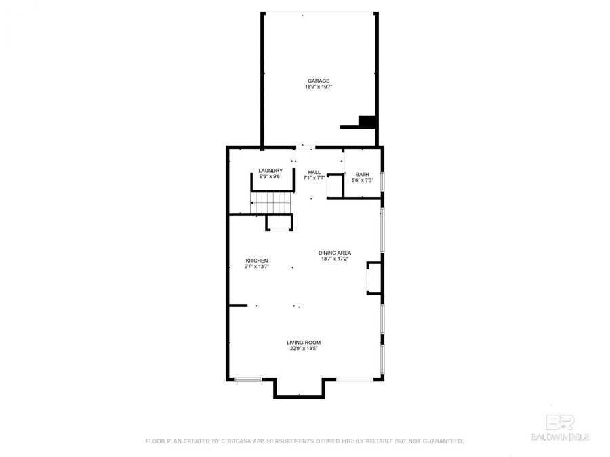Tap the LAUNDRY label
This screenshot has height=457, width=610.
[270, 171]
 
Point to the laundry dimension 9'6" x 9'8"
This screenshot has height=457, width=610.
[270, 177]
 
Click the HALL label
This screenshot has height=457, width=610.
[314, 172]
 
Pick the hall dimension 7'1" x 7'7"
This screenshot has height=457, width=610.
[314, 178]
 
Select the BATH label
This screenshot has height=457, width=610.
[363, 174]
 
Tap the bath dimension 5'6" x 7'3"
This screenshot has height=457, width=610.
[363, 180]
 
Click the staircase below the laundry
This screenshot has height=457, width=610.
[270, 202]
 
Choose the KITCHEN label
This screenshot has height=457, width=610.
[257, 261]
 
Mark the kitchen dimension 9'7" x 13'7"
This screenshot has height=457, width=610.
[257, 267]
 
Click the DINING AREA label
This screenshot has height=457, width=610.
[335, 253]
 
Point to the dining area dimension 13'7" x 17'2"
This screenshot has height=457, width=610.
[335, 259]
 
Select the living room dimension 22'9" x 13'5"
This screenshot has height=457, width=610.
[304, 349]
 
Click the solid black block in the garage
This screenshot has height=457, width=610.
[367, 121]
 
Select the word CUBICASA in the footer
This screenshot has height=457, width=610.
[237, 441]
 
